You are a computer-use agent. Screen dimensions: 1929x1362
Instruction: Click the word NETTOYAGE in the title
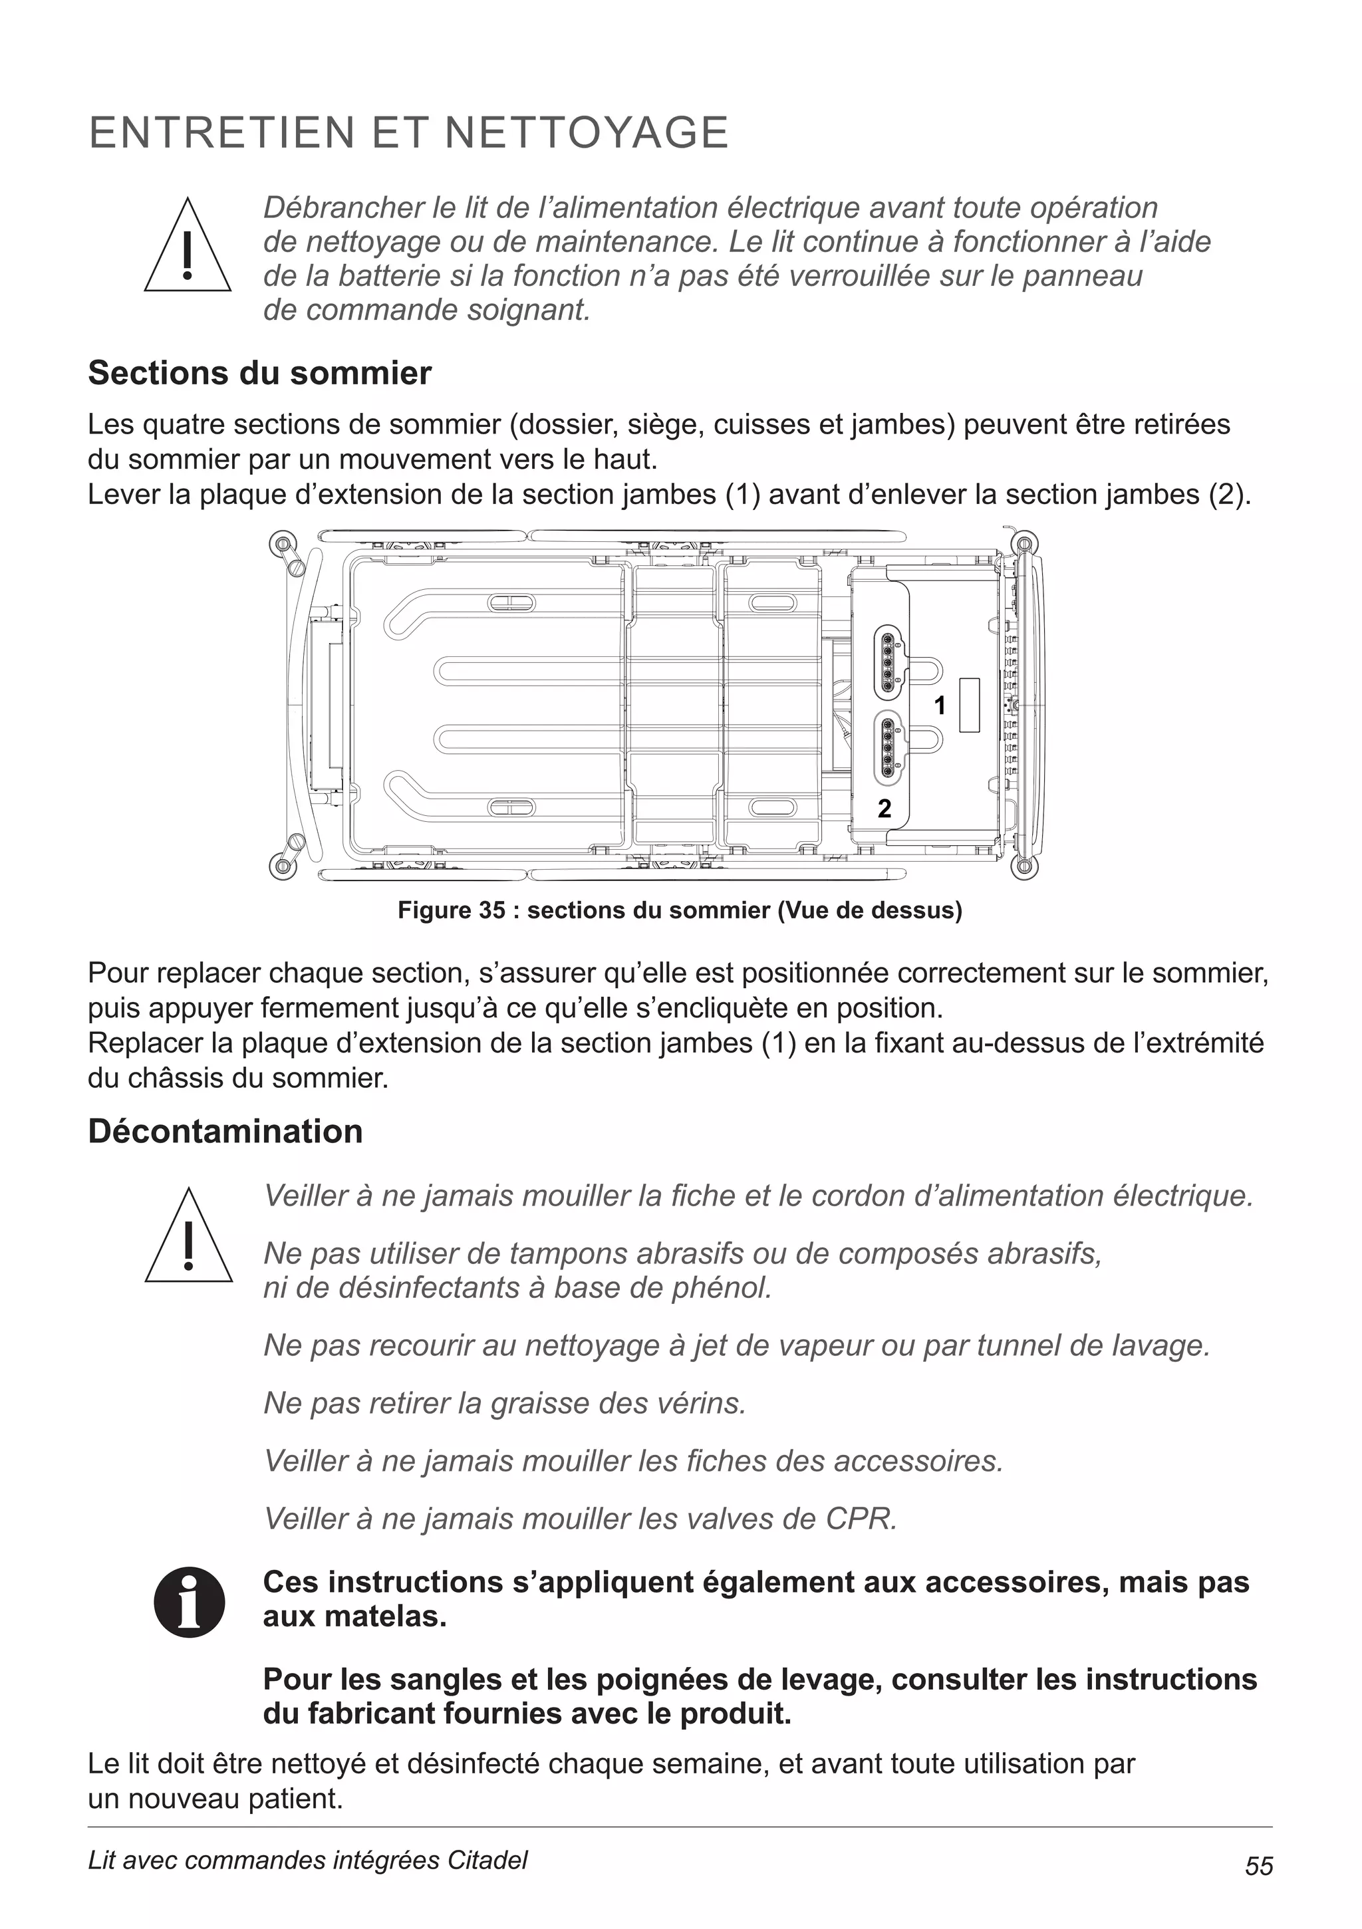click(586, 134)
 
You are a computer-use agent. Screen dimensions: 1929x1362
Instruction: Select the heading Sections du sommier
click(259, 373)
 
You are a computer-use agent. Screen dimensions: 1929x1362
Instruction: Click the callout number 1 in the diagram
click(940, 706)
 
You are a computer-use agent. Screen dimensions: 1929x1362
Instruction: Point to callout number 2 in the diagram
click(884, 808)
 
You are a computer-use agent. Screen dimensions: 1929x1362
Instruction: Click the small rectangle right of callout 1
click(970, 705)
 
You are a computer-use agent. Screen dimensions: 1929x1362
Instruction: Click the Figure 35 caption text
click(680, 911)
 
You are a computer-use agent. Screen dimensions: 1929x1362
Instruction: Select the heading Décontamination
click(225, 1132)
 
